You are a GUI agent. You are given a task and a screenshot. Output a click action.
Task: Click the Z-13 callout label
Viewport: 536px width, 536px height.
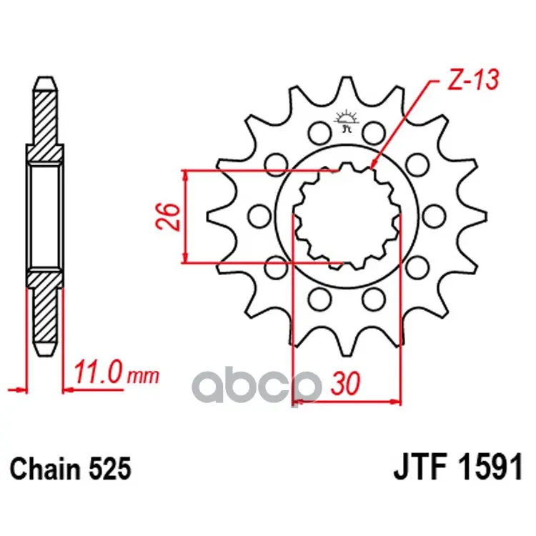[x=473, y=80]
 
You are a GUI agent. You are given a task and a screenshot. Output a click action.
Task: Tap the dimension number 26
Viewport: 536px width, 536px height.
[x=167, y=217]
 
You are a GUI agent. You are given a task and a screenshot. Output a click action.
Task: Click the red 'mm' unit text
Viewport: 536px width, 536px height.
[x=143, y=377]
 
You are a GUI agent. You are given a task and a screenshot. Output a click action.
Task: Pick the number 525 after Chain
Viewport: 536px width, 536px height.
[x=110, y=469]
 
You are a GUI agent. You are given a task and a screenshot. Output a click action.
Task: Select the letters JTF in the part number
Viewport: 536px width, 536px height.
[x=422, y=466]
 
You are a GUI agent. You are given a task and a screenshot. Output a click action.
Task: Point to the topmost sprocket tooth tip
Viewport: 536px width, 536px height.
[x=347, y=79]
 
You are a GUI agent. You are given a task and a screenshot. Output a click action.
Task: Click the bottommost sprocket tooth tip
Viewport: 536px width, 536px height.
[x=347, y=354]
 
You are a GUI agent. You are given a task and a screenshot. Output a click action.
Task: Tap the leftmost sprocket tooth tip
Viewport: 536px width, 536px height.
[x=208, y=216]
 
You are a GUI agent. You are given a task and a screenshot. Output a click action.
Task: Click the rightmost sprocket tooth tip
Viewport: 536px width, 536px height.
[x=485, y=216]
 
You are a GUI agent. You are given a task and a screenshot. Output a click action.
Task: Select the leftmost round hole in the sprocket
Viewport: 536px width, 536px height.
[x=260, y=216]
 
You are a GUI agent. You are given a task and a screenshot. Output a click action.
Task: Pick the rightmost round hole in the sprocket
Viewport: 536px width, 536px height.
[x=434, y=216]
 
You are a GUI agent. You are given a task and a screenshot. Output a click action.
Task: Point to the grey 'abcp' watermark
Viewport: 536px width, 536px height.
[x=257, y=386]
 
